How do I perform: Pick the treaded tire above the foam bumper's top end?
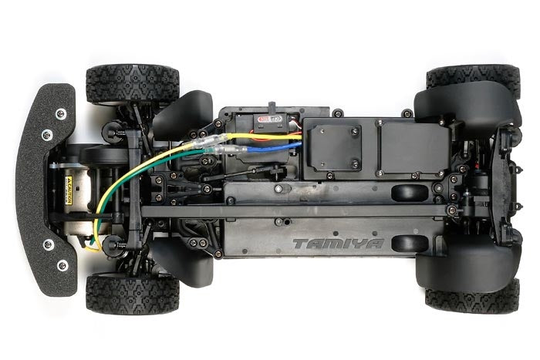click(132, 83)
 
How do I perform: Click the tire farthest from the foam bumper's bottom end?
click(472, 77)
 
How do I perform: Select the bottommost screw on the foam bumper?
click(62, 265)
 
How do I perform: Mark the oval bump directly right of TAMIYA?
click(409, 244)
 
